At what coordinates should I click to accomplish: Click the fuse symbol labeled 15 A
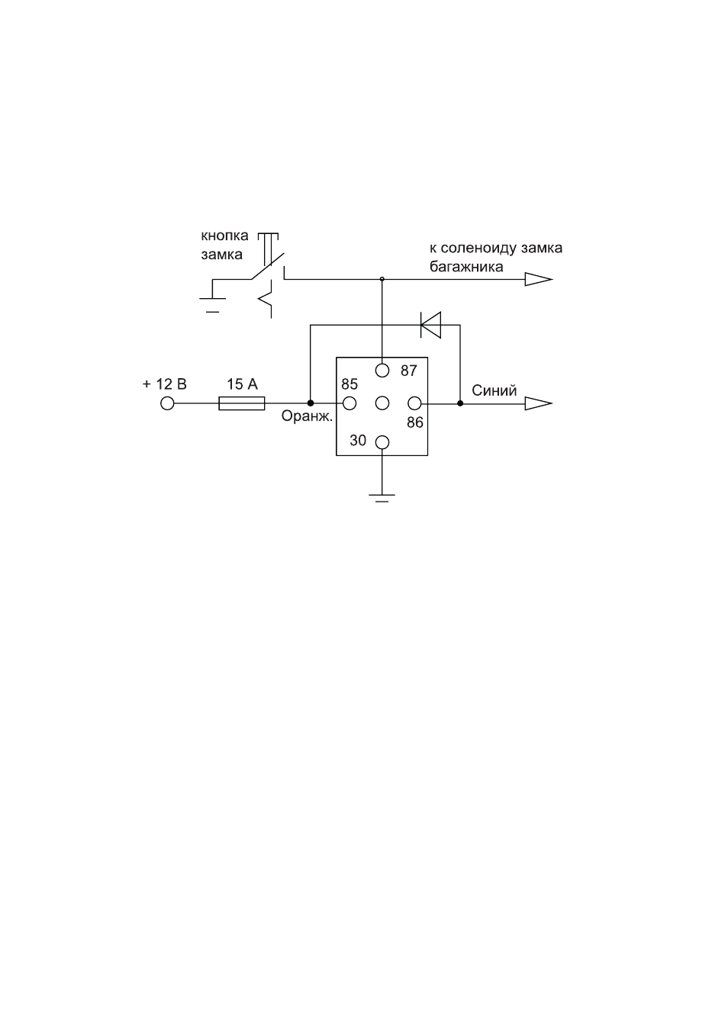(x=242, y=403)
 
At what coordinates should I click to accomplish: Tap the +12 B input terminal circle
(x=167, y=403)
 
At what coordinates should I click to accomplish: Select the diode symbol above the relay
(x=430, y=325)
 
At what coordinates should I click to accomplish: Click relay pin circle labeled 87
(x=382, y=371)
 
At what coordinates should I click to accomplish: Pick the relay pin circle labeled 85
(x=350, y=403)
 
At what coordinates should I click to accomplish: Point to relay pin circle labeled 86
(x=414, y=403)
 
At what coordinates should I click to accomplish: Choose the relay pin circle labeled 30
(x=382, y=442)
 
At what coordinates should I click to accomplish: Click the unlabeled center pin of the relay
(x=382, y=403)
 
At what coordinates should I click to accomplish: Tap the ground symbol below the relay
(x=382, y=498)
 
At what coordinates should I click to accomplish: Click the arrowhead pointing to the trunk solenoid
(x=539, y=279)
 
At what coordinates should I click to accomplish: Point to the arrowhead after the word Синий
(x=539, y=403)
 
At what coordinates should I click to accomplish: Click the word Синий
(x=494, y=390)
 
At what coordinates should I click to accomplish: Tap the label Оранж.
(x=307, y=416)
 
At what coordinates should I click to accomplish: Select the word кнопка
(x=224, y=236)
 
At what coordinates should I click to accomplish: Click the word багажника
(x=466, y=267)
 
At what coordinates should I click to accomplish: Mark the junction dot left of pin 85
(x=310, y=403)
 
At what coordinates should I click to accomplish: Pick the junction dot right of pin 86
(x=459, y=403)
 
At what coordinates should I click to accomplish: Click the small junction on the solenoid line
(x=382, y=279)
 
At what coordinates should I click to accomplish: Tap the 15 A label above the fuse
(x=242, y=384)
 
